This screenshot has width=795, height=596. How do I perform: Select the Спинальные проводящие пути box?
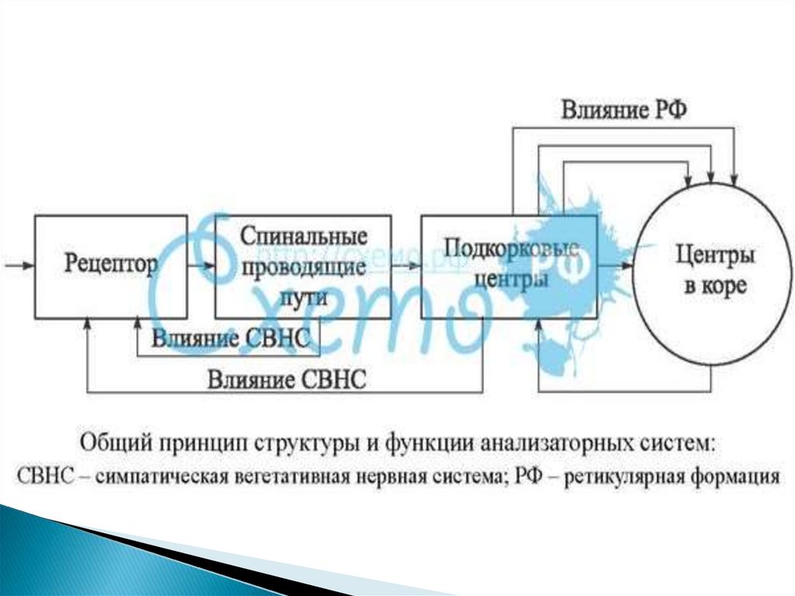click(302, 266)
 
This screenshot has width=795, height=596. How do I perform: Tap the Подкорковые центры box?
click(509, 266)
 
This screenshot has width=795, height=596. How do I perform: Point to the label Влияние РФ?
click(624, 110)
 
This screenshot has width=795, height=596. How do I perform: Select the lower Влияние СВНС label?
click(286, 380)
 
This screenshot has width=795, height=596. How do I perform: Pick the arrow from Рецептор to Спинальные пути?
click(200, 266)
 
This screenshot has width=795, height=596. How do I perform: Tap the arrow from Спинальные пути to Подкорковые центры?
click(405, 266)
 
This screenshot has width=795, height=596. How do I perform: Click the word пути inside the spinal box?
click(302, 297)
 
